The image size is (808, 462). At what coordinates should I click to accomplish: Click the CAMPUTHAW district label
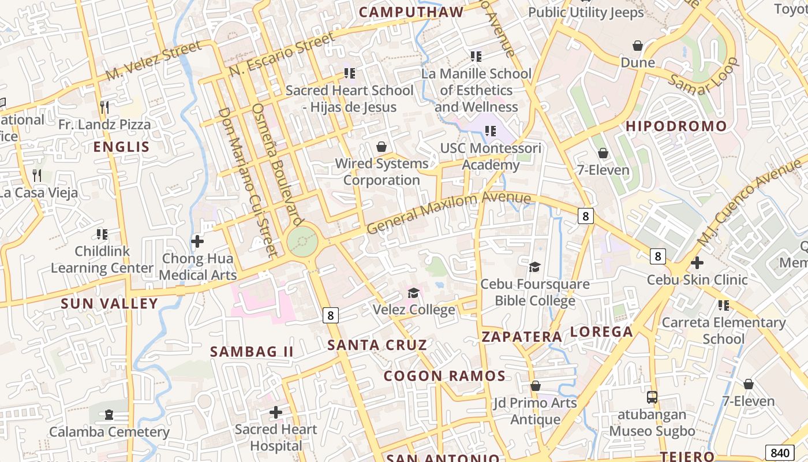[x=411, y=12]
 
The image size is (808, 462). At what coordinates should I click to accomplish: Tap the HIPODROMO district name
[x=676, y=126]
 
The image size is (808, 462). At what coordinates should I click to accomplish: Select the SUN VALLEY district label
[x=109, y=303]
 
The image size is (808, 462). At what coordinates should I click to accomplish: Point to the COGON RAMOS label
[x=444, y=376]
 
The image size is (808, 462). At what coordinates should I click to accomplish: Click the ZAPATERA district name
[x=522, y=336]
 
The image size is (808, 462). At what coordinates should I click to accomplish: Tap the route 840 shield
[x=779, y=452]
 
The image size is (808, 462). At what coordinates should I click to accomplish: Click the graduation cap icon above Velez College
[x=413, y=293]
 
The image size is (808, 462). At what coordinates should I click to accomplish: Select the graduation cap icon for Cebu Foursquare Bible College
[x=535, y=267]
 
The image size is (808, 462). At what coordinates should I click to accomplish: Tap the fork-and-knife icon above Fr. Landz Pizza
[x=104, y=107]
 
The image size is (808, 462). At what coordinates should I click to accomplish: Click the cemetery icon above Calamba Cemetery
[x=109, y=415]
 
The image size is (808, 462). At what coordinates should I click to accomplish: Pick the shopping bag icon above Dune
[x=638, y=45]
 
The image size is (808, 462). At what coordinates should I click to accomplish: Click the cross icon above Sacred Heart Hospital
[x=276, y=412]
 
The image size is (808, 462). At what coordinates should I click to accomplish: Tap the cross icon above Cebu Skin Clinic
[x=697, y=263]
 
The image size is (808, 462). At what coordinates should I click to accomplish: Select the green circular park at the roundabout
[x=302, y=241]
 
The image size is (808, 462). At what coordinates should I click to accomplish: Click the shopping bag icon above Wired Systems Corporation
[x=381, y=147]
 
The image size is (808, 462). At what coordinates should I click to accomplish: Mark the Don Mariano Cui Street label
[x=248, y=182]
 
